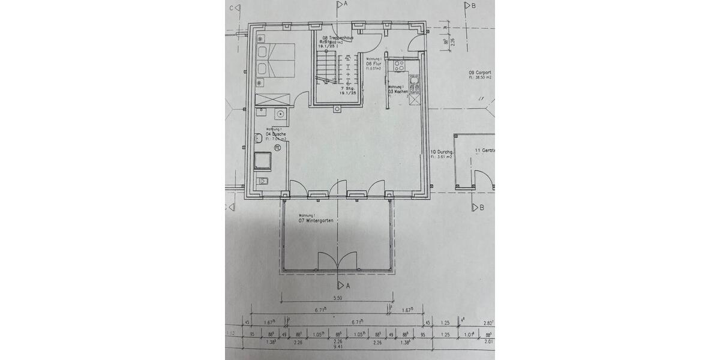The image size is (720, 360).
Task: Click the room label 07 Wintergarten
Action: [x=316, y=221]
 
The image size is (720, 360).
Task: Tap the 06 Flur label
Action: [x=374, y=63]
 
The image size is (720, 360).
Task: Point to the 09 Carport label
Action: [x=480, y=73]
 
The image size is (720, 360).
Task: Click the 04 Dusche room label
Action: [x=276, y=134]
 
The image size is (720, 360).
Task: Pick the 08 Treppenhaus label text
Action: [x=338, y=37]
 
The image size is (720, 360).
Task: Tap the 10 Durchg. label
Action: [x=442, y=153]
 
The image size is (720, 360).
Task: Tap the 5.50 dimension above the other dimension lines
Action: [x=338, y=298]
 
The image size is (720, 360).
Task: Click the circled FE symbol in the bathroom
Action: [x=278, y=146]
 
